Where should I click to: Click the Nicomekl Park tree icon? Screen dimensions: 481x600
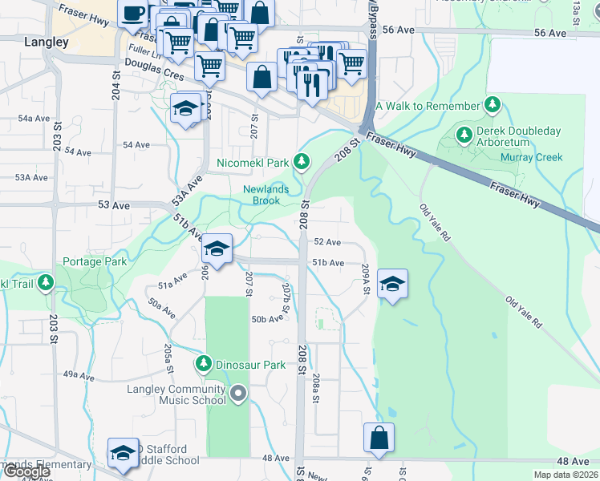coord(302,163)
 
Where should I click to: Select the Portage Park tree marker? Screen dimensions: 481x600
coord(46,281)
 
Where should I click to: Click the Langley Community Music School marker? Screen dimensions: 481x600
coord(238,393)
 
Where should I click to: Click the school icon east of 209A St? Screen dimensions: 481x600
coord(391,285)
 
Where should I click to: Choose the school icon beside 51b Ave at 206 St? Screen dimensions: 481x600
coord(217,249)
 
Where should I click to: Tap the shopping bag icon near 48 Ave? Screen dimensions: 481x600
coord(379,438)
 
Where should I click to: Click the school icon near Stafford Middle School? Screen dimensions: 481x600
coord(123,453)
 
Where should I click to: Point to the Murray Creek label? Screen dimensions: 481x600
coord(532,157)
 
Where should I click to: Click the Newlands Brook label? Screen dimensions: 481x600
coord(261,195)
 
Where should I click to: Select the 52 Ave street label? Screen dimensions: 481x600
coord(327,241)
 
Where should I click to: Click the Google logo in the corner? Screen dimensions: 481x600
coord(26,471)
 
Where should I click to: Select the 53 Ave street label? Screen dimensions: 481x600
coord(113,205)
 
